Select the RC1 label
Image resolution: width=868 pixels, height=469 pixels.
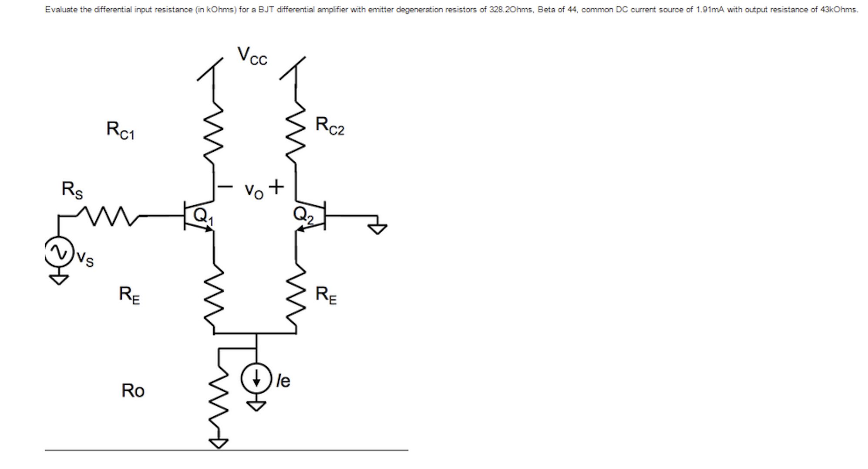point(121,130)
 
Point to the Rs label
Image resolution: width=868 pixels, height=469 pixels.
point(72,190)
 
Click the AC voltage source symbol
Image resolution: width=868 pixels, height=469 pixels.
point(59,252)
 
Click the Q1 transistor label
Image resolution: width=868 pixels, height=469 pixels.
point(203,216)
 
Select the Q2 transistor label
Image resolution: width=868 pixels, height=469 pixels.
point(303,214)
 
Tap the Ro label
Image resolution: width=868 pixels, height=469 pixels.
point(133,391)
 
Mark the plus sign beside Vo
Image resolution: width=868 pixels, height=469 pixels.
point(276,187)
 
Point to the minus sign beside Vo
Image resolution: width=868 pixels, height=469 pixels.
point(225,187)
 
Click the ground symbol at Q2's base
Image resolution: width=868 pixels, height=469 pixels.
point(377,228)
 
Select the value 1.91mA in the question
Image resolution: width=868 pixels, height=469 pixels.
point(710,10)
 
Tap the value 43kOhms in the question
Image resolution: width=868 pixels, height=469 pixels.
point(839,10)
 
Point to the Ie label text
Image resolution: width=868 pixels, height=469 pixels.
point(283,381)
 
